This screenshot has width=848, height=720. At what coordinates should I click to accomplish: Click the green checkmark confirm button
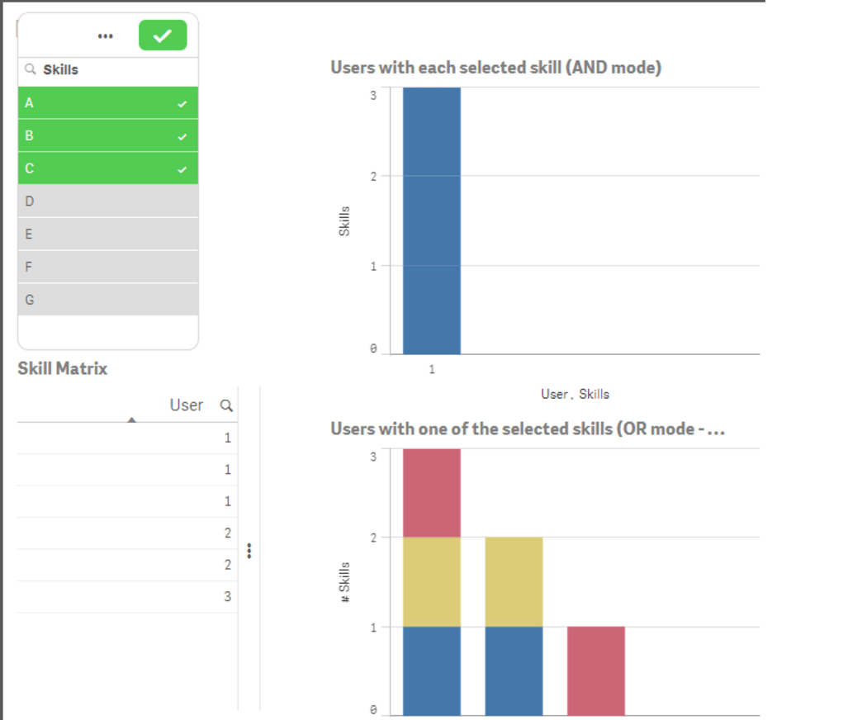[163, 36]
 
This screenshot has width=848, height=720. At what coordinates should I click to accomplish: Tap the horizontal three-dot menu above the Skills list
[105, 36]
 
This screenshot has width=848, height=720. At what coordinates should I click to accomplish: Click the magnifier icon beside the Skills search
[31, 70]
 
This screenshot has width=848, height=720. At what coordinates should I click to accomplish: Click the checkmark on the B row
[182, 136]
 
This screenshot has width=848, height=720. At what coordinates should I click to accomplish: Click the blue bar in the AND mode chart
[431, 220]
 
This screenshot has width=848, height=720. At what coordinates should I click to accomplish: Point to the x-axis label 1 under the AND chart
[431, 370]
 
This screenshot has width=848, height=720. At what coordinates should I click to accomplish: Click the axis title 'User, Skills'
[575, 395]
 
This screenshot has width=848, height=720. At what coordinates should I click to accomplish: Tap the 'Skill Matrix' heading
[63, 368]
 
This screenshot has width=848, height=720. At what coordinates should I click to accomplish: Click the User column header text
[187, 405]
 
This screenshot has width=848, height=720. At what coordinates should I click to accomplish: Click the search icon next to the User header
[226, 406]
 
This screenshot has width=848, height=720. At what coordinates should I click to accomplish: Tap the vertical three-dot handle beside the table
[249, 550]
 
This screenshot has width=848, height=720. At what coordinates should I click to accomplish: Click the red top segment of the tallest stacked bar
[431, 493]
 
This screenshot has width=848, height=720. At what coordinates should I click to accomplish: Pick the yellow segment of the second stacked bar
[514, 581]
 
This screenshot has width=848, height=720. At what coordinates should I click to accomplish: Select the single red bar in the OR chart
[595, 670]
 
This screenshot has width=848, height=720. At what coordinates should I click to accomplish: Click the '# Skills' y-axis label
[345, 582]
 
